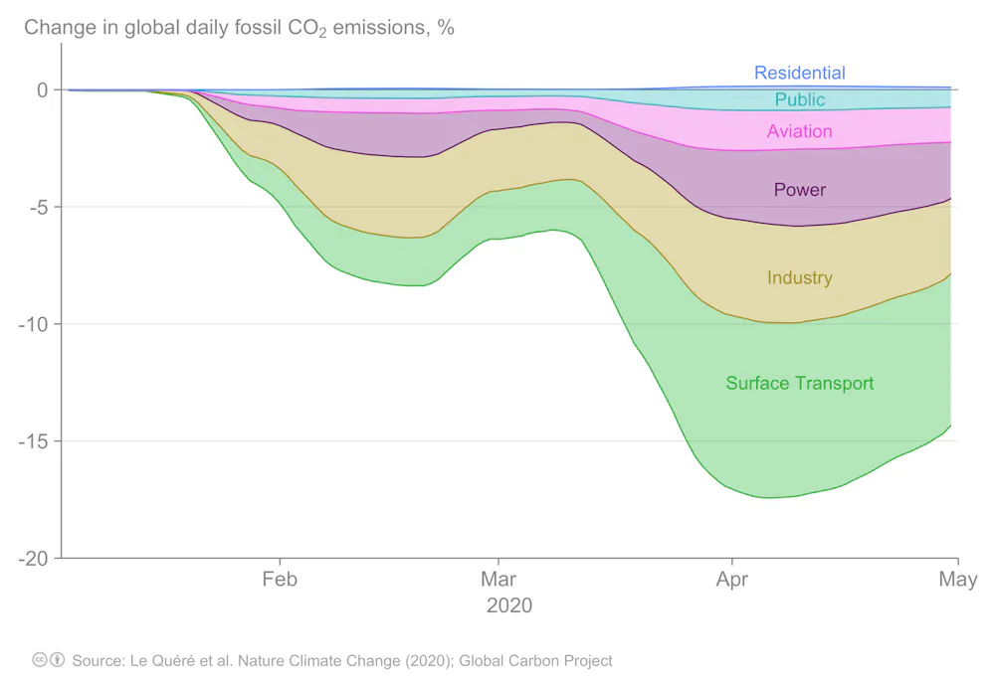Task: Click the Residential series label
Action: click(799, 73)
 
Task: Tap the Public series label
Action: click(799, 99)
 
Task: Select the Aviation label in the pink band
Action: click(799, 131)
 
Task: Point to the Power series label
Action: click(799, 190)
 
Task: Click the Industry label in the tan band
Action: click(799, 278)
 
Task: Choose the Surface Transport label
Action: click(799, 384)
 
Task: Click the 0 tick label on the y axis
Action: click(42, 90)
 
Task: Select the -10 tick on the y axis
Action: click(34, 324)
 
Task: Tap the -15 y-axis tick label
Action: click(34, 441)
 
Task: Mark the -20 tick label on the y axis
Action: click(34, 559)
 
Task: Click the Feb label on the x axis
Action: click(280, 580)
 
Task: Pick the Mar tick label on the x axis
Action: click(497, 580)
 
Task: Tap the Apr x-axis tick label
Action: click(732, 580)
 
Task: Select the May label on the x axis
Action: click(957, 580)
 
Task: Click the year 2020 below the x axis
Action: click(508, 605)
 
